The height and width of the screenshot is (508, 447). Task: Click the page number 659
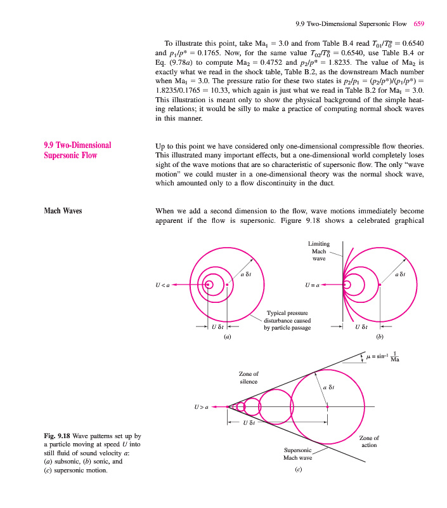(x=418, y=24)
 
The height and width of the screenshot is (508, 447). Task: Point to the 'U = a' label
(x=312, y=285)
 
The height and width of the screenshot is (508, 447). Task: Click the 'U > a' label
(x=201, y=406)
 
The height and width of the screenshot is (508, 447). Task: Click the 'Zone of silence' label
(x=249, y=377)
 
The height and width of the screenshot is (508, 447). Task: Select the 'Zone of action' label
(x=369, y=441)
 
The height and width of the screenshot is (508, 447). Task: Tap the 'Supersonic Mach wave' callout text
(x=297, y=454)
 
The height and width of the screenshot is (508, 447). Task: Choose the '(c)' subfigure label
(x=297, y=471)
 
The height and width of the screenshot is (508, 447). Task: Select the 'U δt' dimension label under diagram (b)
(x=361, y=327)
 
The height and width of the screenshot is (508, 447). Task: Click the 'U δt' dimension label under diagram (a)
(x=217, y=327)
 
